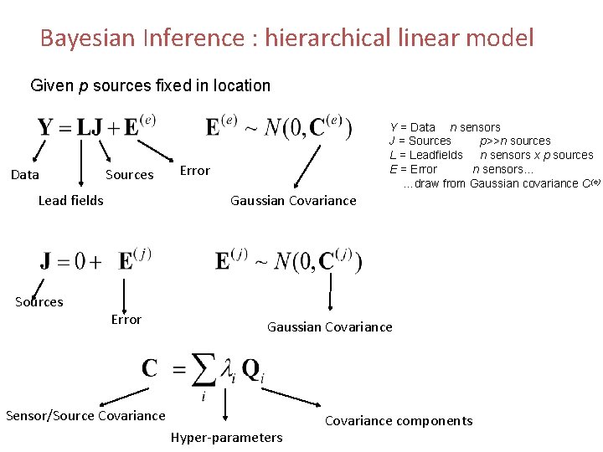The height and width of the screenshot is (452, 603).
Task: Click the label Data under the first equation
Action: click(24, 174)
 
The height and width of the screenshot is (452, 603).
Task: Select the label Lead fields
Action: click(71, 200)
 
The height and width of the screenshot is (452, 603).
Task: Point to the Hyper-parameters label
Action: click(227, 437)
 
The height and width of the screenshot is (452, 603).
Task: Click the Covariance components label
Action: click(399, 420)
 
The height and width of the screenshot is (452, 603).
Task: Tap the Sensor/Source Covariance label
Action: click(85, 415)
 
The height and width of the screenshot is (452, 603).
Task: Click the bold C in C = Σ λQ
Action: click(151, 368)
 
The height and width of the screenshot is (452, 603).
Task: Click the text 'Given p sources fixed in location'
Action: click(150, 85)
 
